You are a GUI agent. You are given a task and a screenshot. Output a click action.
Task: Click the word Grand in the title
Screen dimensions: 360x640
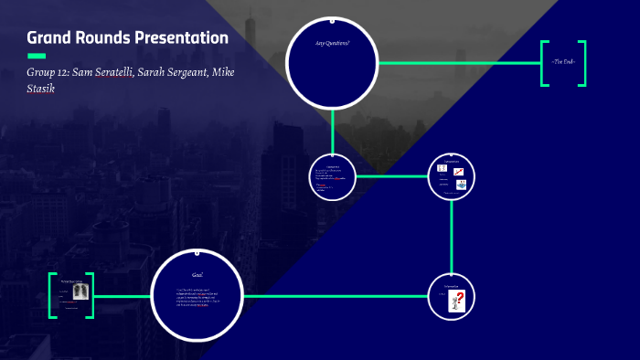point(48,37)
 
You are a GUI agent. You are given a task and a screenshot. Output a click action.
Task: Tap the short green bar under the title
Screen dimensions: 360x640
point(37,57)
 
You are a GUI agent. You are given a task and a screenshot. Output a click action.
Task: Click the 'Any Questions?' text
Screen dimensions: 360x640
point(332,43)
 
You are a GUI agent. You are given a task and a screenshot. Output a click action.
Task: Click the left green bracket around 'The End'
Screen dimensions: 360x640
point(544,63)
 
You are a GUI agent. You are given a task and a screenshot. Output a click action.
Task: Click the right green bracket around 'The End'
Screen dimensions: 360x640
point(581,63)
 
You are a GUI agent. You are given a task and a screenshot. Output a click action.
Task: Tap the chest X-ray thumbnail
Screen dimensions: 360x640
point(80,291)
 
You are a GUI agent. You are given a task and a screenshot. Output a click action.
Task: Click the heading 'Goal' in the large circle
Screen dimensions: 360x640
point(197,275)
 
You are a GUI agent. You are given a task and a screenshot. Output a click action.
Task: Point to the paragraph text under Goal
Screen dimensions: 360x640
point(196,299)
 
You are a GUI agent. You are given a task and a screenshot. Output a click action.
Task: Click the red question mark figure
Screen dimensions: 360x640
point(459,300)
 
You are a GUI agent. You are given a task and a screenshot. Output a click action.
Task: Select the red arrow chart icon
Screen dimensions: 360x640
point(460,171)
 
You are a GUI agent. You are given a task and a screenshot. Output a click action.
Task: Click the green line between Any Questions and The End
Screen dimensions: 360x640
point(457,63)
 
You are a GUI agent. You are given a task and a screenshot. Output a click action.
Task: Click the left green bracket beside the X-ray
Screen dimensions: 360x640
point(52,295)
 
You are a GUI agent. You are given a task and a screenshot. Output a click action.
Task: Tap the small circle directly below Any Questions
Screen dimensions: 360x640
point(333,175)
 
